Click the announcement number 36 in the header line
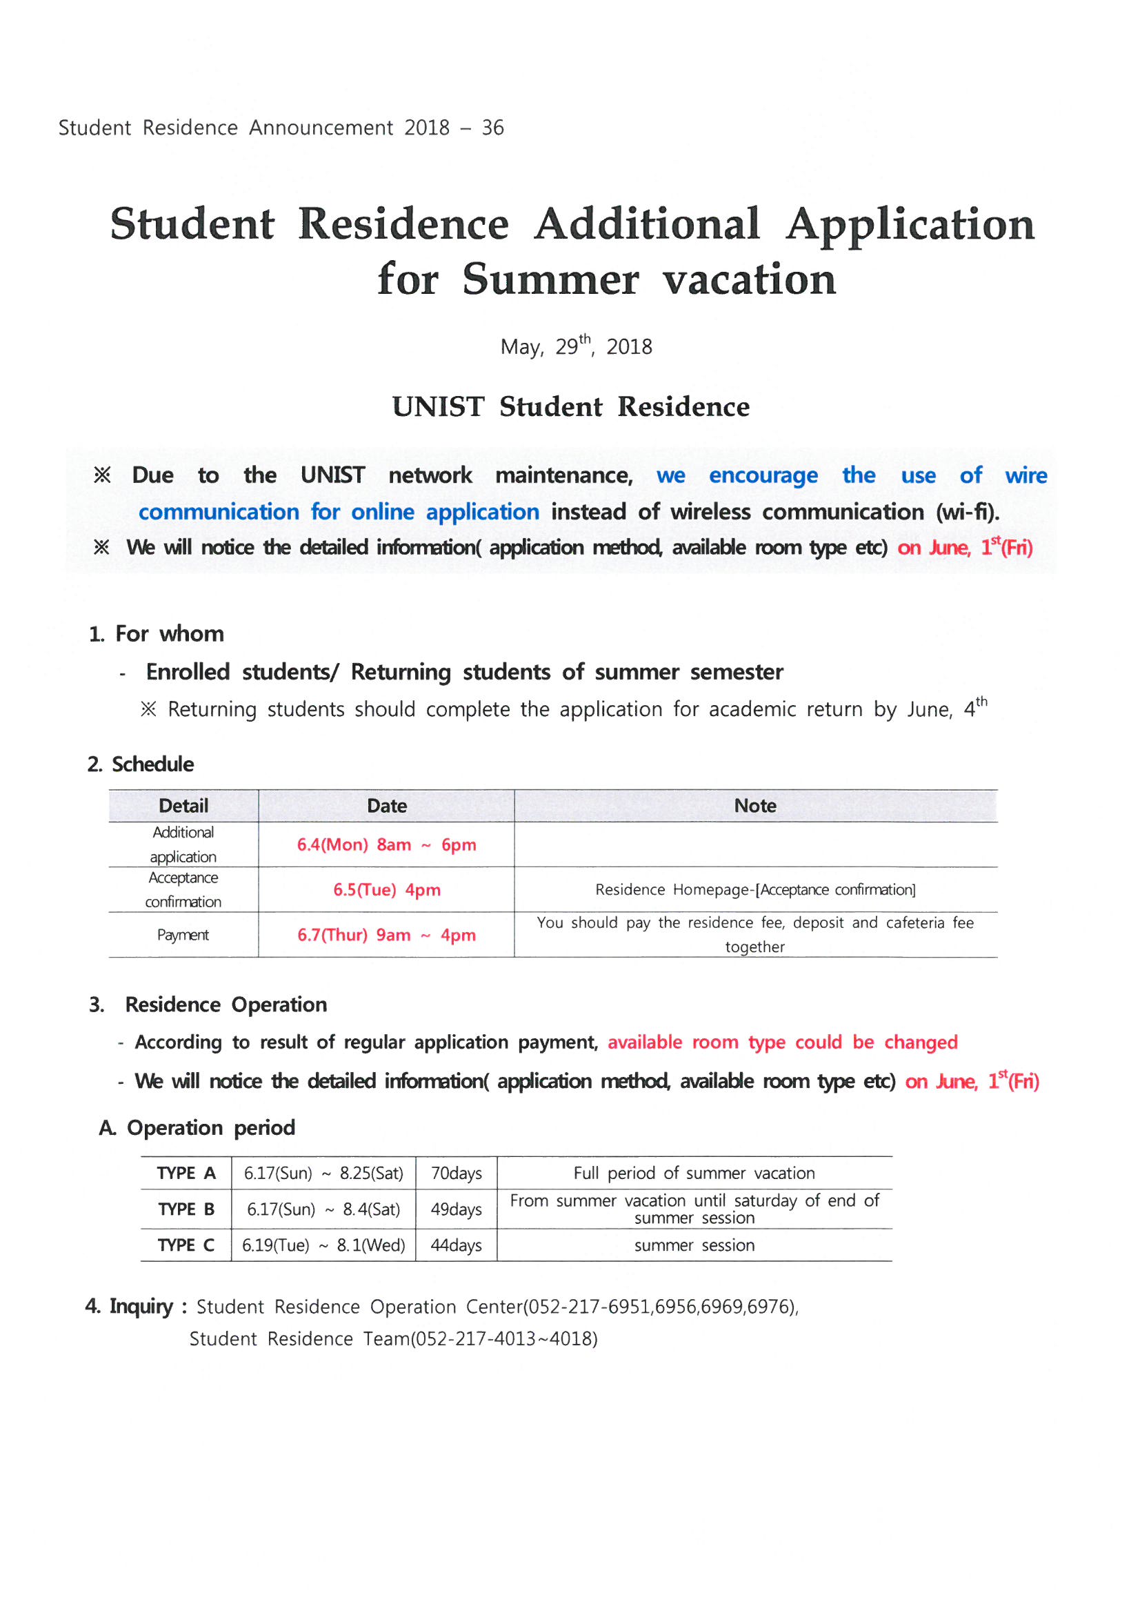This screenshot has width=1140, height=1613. click(492, 128)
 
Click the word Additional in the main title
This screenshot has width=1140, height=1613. click(646, 225)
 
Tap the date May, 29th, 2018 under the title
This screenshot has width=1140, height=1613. click(576, 346)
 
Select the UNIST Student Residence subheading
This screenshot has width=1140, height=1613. click(570, 407)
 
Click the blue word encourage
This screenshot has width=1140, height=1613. click(763, 475)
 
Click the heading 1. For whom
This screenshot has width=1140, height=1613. click(156, 633)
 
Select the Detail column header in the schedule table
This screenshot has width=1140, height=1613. click(183, 806)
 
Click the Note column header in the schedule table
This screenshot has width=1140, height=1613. click(755, 806)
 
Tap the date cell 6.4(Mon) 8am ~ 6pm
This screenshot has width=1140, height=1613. click(386, 844)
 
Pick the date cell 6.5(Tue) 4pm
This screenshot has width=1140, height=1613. click(386, 889)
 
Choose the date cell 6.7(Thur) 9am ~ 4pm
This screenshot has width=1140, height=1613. click(386, 935)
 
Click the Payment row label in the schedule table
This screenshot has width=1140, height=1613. click(183, 935)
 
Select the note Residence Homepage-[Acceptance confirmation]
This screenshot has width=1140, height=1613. click(755, 889)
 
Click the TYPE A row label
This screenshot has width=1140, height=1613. click(186, 1174)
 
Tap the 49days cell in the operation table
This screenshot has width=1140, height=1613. click(456, 1209)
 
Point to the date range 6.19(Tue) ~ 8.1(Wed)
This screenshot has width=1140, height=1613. click(323, 1245)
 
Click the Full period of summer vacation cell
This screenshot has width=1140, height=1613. click(694, 1174)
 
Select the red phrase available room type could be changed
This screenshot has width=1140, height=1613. click(783, 1042)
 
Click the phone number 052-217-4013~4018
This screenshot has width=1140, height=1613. click(503, 1339)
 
